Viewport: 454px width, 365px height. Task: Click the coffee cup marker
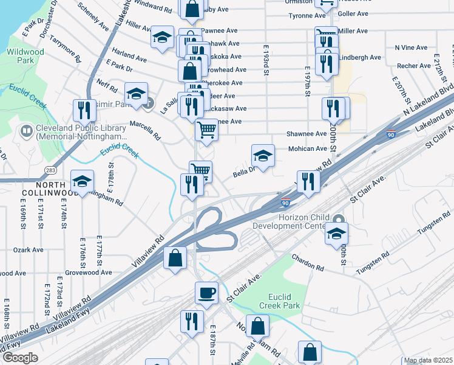(x=206, y=293)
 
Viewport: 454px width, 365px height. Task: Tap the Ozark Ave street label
(x=29, y=249)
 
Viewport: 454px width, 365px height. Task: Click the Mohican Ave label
(x=311, y=148)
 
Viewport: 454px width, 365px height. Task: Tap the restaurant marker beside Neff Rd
(x=84, y=109)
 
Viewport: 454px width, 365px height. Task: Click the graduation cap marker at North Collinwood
(x=82, y=180)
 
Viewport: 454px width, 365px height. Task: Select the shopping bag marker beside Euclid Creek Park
(x=258, y=325)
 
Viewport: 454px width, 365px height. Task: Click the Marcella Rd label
(x=144, y=130)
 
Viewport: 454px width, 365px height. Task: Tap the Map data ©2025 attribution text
(x=428, y=361)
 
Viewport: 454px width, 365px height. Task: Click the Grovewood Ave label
(x=89, y=273)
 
